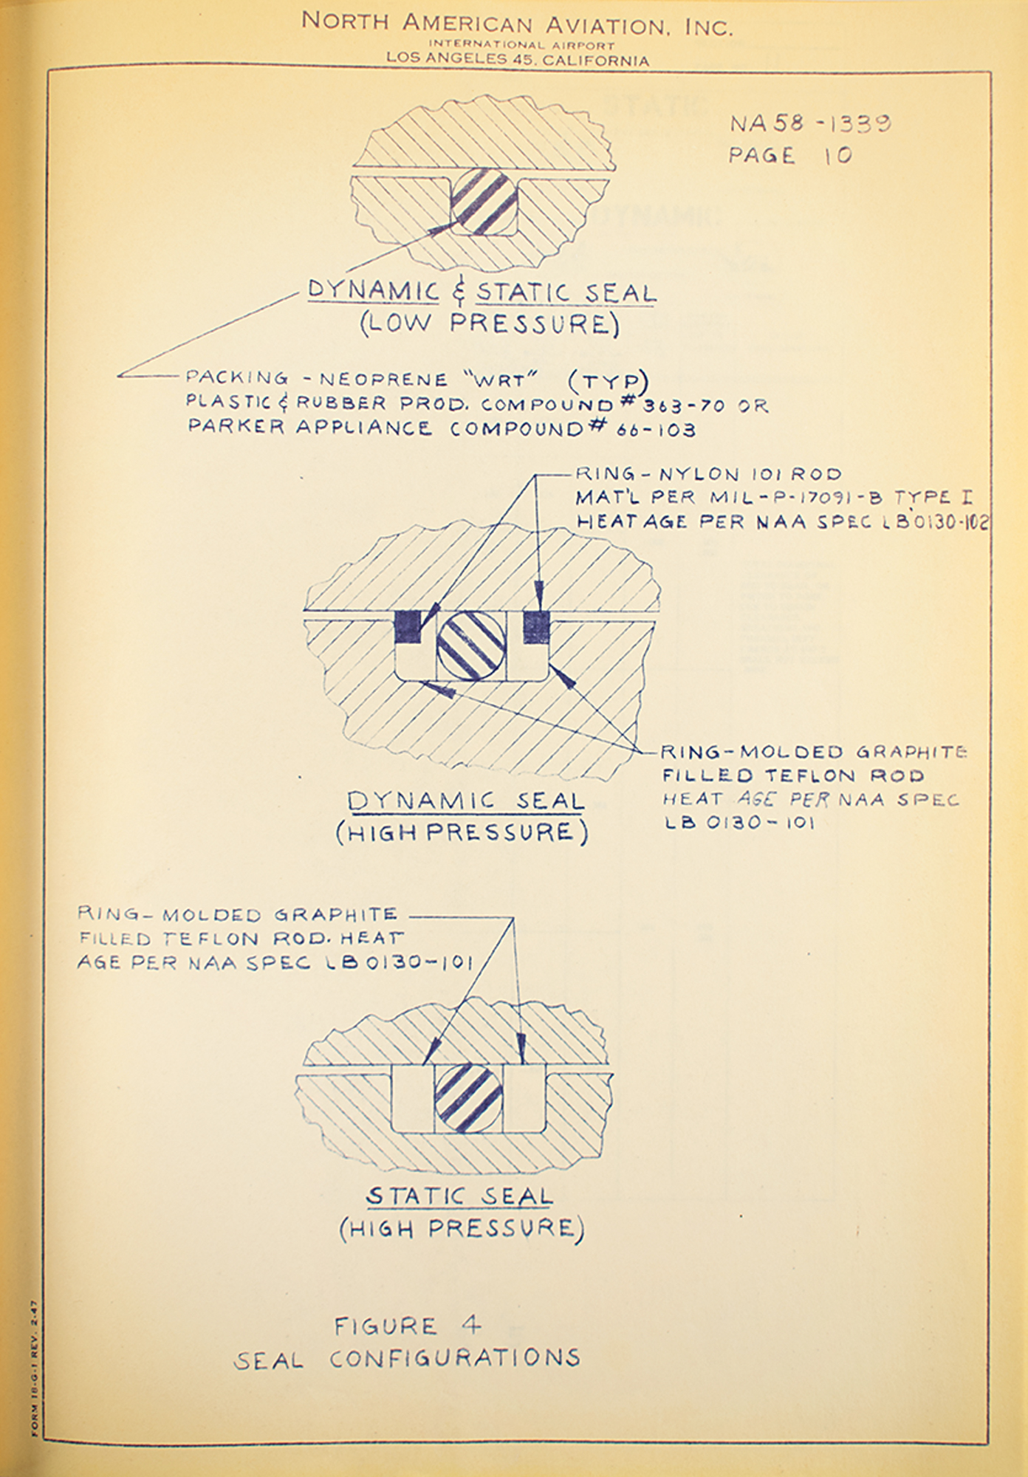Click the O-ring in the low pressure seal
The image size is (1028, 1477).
[x=483, y=202]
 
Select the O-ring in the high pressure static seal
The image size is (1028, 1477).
[x=468, y=1098]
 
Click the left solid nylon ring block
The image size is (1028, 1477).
[x=408, y=626]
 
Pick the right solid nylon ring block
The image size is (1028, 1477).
[x=535, y=626]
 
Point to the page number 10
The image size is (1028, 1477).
[x=837, y=155]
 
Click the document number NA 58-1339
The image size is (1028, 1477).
[x=810, y=123]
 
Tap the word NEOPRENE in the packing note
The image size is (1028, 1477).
[x=383, y=380]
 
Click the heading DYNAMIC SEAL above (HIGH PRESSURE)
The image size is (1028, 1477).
[x=465, y=801]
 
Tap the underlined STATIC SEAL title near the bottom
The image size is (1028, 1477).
[x=459, y=1196]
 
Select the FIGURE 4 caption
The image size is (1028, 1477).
[x=408, y=1326]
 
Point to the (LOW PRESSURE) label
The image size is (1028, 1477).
[x=490, y=324]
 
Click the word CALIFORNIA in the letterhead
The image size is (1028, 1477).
[x=596, y=61]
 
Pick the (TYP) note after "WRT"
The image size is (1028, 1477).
[x=608, y=380]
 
